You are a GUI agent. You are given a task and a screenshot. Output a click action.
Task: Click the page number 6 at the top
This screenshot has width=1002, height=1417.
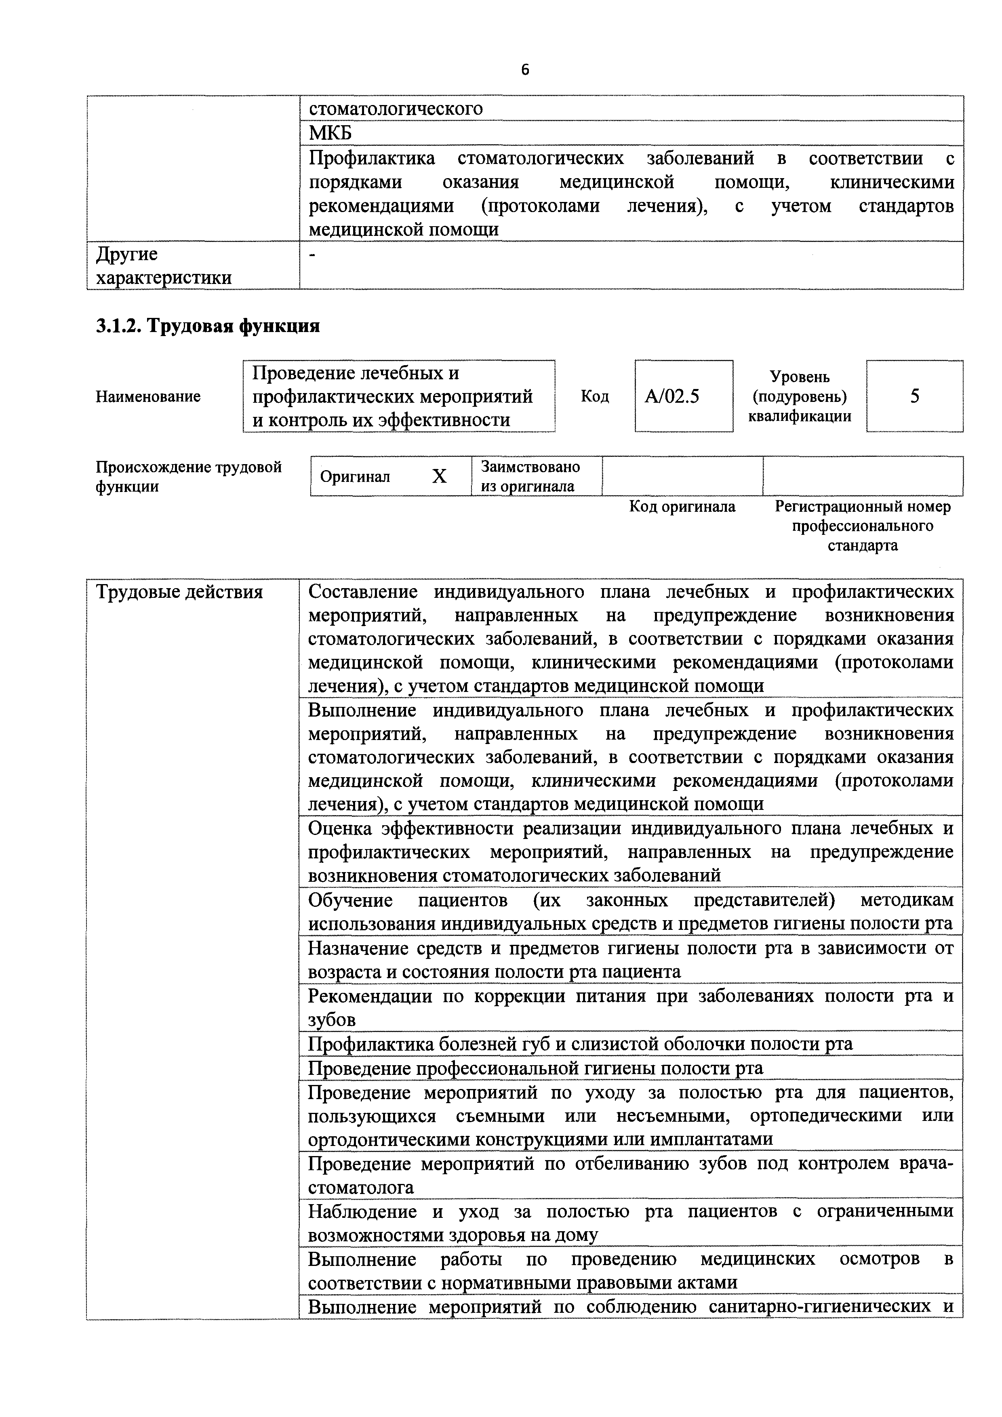click(525, 70)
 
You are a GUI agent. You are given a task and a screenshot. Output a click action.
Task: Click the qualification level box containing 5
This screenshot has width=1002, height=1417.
click(914, 395)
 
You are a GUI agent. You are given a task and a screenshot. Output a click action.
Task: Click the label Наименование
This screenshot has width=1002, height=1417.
click(148, 396)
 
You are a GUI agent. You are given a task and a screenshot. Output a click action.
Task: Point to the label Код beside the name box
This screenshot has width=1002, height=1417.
click(594, 396)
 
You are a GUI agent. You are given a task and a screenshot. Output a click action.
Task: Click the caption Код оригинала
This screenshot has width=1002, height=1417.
click(682, 507)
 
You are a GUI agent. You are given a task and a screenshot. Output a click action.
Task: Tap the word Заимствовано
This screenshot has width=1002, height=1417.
click(530, 466)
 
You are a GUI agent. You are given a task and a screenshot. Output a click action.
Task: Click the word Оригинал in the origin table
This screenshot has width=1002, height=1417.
click(355, 477)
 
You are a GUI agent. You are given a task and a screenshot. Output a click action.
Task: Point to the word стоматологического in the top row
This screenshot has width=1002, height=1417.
click(396, 109)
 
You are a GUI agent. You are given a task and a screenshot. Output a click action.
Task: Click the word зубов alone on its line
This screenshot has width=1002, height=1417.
click(332, 1020)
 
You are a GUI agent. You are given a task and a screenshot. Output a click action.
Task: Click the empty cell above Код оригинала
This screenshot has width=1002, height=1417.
click(682, 476)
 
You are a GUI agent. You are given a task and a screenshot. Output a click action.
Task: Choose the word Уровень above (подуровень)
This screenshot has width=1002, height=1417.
click(800, 376)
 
